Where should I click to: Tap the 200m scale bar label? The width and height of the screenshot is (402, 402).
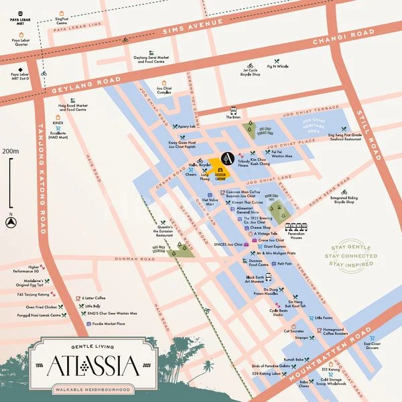point(10,151)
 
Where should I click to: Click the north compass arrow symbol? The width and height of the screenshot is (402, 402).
point(11,224)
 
